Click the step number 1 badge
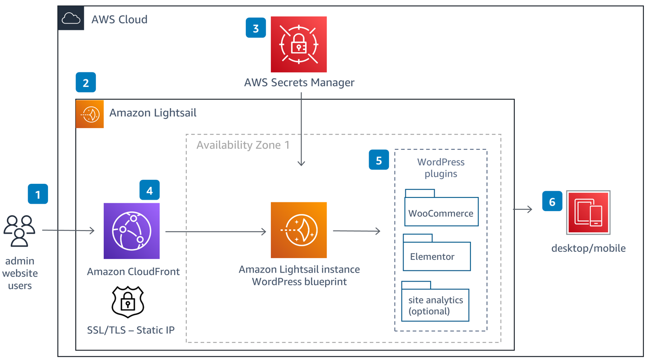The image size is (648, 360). click(38, 194)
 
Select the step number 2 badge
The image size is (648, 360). click(86, 82)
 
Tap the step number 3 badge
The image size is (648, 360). click(255, 28)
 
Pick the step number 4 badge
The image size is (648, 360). click(149, 190)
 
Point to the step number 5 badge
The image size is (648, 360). click(379, 160)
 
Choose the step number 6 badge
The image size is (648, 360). click(552, 201)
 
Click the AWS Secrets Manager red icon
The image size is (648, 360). click(298, 44)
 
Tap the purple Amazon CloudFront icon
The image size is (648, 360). click(131, 231)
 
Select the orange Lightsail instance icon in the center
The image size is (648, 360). click(298, 230)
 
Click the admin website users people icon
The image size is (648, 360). click(19, 231)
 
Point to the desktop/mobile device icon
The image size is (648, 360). click(588, 213)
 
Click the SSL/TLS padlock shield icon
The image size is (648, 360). click(128, 302)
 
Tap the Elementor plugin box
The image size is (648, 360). click(437, 255)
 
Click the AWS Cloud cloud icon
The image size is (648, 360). click(71, 19)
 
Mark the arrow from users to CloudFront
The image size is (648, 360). click(68, 230)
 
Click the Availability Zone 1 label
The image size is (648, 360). click(243, 145)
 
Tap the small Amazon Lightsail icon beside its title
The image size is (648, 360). click(90, 114)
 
